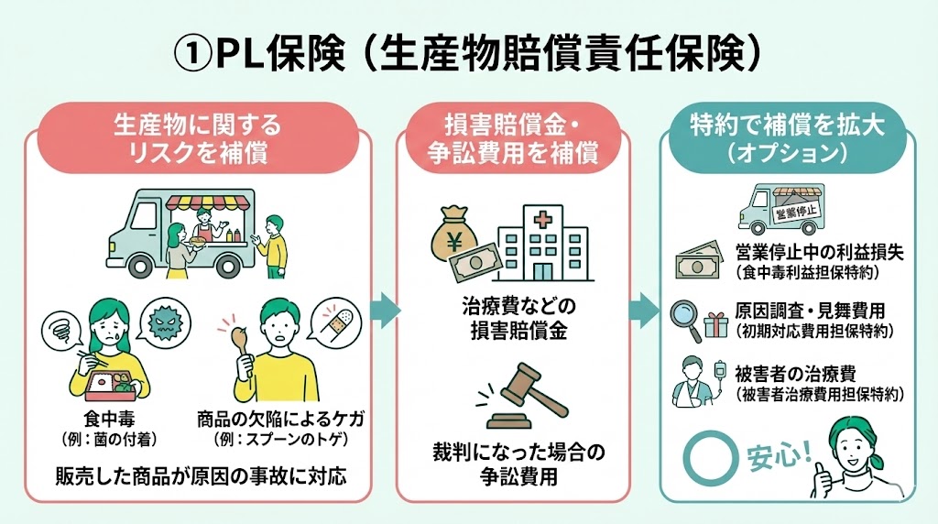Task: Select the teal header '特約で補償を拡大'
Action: coord(791,137)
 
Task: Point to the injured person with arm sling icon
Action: coord(691,382)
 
